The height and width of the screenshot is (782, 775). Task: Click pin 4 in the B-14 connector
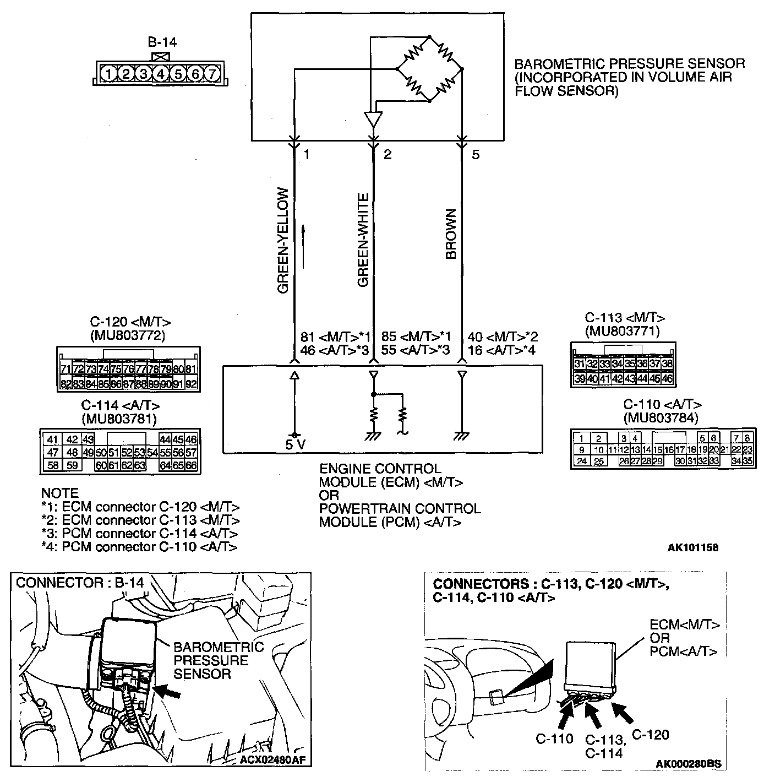point(160,73)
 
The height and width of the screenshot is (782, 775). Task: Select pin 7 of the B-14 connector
point(212,73)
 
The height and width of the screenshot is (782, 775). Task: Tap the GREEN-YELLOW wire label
point(283,241)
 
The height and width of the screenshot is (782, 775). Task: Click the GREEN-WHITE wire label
point(363,241)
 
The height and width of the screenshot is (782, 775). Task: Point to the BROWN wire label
point(451,234)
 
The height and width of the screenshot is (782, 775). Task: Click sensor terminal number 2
point(387,155)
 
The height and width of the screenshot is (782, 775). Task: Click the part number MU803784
point(661,418)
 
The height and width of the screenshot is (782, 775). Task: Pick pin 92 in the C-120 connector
point(191,384)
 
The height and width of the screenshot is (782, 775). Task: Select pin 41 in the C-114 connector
point(52,439)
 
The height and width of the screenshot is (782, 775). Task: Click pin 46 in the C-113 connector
point(667,378)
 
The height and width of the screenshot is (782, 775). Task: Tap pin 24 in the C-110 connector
point(582,461)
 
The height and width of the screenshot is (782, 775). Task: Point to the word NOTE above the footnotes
point(60,493)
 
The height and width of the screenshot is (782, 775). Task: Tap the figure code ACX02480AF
point(272,761)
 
